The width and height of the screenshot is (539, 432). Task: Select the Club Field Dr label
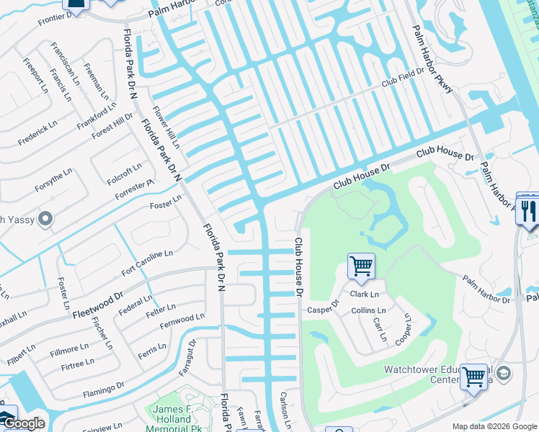coord(402,81)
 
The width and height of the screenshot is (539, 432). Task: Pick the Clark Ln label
coord(365,294)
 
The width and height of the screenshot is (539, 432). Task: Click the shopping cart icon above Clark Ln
coord(361,266)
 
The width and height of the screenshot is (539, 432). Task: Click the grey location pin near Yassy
coord(46,218)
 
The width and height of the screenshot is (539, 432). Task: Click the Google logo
coord(24,424)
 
